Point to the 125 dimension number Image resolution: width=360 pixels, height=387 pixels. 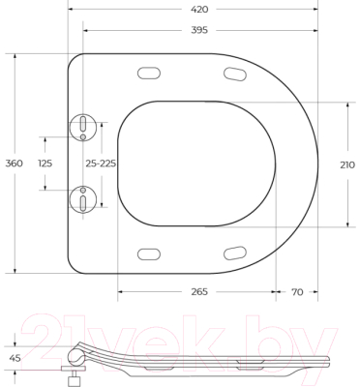click(x=45, y=164)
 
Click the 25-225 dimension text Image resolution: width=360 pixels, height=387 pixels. click(x=101, y=164)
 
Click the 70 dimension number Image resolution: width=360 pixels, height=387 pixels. click(x=296, y=291)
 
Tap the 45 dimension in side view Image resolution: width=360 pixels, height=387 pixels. click(x=15, y=357)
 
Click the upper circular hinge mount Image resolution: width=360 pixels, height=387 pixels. click(x=85, y=126)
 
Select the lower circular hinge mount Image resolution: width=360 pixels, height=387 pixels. click(x=85, y=200)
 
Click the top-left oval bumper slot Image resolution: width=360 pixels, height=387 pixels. click(x=151, y=73)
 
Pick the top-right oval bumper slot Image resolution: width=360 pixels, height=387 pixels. click(x=235, y=74)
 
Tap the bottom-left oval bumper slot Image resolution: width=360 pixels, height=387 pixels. click(x=151, y=253)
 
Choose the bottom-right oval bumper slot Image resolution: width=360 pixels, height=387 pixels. click(x=235, y=253)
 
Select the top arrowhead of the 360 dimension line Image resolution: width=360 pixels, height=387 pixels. click(x=15, y=56)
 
